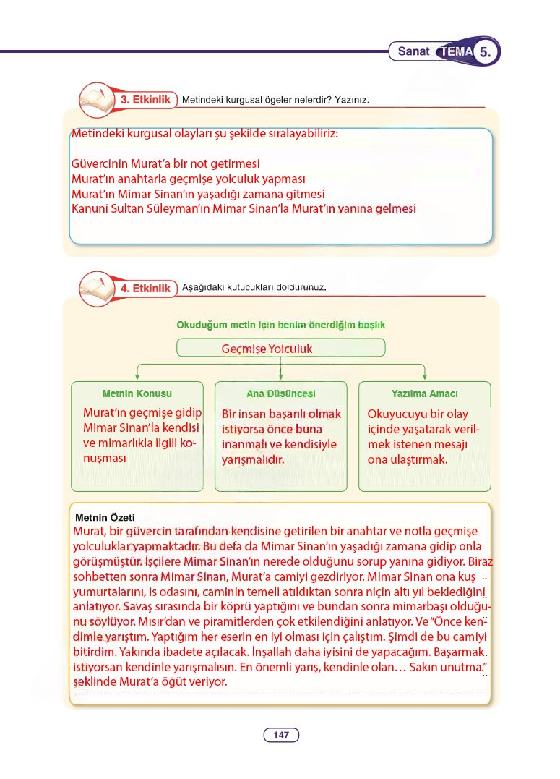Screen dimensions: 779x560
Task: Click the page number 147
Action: pyautogui.click(x=281, y=735)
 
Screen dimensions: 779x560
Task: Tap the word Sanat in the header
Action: pyautogui.click(x=413, y=52)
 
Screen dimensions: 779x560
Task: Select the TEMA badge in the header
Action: pyautogui.click(x=455, y=52)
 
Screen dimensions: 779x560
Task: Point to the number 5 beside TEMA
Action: pyautogui.click(x=486, y=52)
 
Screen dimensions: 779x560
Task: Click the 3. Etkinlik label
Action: pyautogui.click(x=145, y=99)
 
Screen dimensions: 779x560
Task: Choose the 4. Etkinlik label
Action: pyautogui.click(x=145, y=288)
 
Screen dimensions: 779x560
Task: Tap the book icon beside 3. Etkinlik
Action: pyautogui.click(x=94, y=99)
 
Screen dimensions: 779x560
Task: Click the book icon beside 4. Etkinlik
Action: pyautogui.click(x=94, y=287)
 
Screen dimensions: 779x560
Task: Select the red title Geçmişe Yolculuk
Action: pyautogui.click(x=267, y=349)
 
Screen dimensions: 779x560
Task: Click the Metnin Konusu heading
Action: pyautogui.click(x=137, y=393)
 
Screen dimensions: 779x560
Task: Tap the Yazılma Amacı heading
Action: pyautogui.click(x=424, y=393)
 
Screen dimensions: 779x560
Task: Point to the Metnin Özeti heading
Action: pyautogui.click(x=105, y=517)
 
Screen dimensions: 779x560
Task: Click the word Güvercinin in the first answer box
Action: pyautogui.click(x=100, y=164)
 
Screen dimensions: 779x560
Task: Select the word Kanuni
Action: pyautogui.click(x=90, y=208)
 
